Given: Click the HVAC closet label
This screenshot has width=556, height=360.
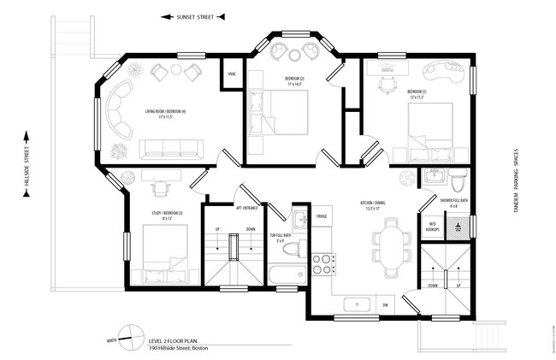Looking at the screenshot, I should pos(232,74).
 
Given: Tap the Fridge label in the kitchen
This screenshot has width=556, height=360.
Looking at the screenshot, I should pos(322,216).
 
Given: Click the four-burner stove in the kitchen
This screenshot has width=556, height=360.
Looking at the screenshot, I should pos(322,264).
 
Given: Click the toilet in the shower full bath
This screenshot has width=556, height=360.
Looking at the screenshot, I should pos(458,181).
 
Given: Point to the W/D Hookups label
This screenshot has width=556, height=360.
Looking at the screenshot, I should pos(432,227).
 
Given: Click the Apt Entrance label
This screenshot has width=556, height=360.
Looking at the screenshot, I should pos(246,207).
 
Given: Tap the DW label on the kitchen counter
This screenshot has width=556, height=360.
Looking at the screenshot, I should pos(386,304).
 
